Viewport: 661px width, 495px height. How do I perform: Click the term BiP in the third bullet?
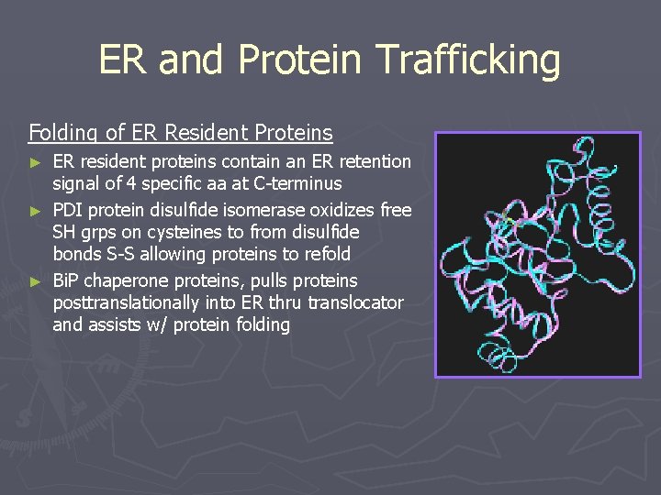[69, 280]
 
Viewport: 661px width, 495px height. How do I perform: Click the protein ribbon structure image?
[537, 255]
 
